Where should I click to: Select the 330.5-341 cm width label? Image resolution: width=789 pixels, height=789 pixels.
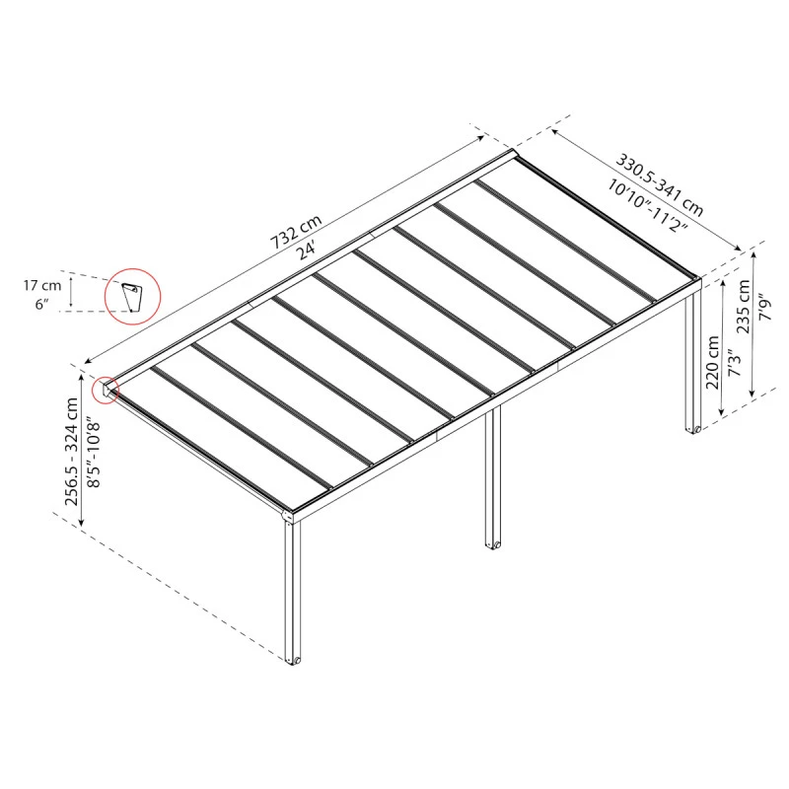[x=660, y=182]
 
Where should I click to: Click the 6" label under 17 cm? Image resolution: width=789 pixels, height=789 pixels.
[x=41, y=305]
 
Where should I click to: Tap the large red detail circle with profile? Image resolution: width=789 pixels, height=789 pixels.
[x=132, y=296]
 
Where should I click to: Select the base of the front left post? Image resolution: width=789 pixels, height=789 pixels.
[x=293, y=659]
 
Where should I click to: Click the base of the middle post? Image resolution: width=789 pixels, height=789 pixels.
[x=491, y=541]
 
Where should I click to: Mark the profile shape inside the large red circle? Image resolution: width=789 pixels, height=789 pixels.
[x=132, y=297]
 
